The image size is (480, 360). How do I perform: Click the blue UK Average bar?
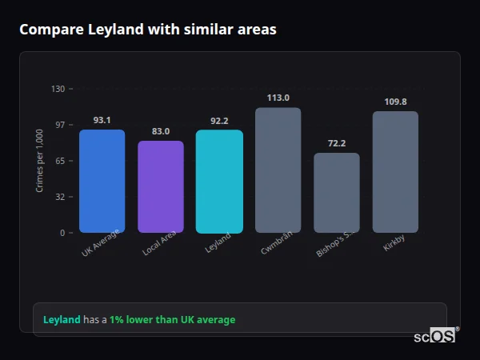pos(102,181)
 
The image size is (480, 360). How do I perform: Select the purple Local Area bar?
pos(161,186)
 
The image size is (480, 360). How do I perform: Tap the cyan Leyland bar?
pos(219,181)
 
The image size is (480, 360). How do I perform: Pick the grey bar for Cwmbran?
pos(278,170)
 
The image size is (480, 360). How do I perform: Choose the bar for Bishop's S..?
pos(336,192)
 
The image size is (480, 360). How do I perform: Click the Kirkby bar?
pos(395,171)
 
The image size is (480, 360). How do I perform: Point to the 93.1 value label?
pos(102,120)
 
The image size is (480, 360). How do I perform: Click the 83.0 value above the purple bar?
pos(161,131)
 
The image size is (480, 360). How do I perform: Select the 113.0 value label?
pos(278,98)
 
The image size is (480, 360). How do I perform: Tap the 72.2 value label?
pos(336,143)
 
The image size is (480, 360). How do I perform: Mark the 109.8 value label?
pos(395,102)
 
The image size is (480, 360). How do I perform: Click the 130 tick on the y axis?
pos(58,89)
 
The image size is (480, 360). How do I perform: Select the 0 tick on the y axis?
pos(62,233)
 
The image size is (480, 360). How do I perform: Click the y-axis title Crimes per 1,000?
pos(40,161)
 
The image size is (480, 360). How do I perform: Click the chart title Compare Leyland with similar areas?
pos(148,30)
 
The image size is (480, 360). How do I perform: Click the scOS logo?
pos(434,336)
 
